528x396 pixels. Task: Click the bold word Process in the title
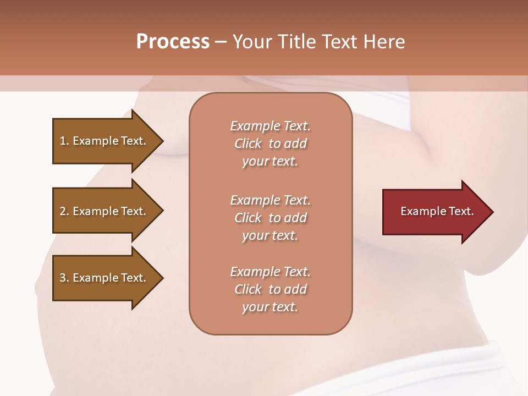tap(172, 42)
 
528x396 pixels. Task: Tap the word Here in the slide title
tap(383, 42)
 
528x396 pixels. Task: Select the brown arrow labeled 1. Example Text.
tap(105, 141)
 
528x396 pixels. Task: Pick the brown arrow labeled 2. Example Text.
tap(105, 211)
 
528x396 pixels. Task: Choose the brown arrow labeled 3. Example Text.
tap(105, 278)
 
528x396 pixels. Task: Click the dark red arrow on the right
tap(435, 211)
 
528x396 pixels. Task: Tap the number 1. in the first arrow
tap(64, 141)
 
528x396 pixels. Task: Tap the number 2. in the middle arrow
tap(64, 211)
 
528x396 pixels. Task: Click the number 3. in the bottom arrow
tap(64, 278)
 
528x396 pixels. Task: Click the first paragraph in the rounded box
tap(270, 144)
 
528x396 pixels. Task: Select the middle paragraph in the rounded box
tap(270, 218)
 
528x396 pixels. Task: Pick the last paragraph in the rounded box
tap(270, 289)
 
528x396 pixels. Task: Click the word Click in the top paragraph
tap(248, 144)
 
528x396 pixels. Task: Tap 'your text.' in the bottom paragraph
tap(270, 307)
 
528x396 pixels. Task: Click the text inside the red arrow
tap(437, 211)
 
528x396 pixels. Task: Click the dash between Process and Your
tap(221, 42)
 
